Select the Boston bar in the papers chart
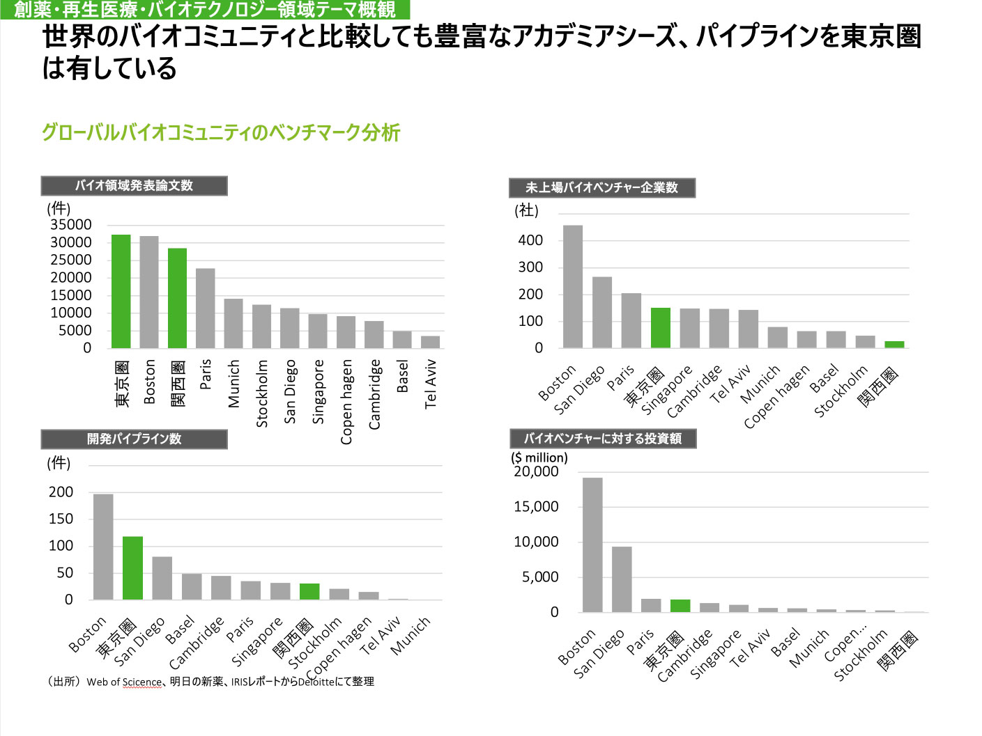coord(149,292)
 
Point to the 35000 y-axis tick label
coord(70,224)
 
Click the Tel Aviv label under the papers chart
coord(431,383)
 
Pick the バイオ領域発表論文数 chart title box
coord(134,186)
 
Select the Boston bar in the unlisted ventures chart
coord(573,286)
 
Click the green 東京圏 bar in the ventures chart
coord(661,327)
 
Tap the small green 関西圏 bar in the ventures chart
coord(894,344)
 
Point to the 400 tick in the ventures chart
coord(530,240)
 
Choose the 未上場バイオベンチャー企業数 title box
coord(601,188)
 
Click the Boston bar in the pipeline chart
coord(103,547)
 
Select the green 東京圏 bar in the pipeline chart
coord(132,567)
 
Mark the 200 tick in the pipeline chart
coord(61,492)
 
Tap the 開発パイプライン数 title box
coord(134,439)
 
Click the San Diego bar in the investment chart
coord(622,579)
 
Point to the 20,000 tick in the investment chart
coord(536,471)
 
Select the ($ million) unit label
coord(539,457)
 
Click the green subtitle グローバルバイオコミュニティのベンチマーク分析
coord(221,132)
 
